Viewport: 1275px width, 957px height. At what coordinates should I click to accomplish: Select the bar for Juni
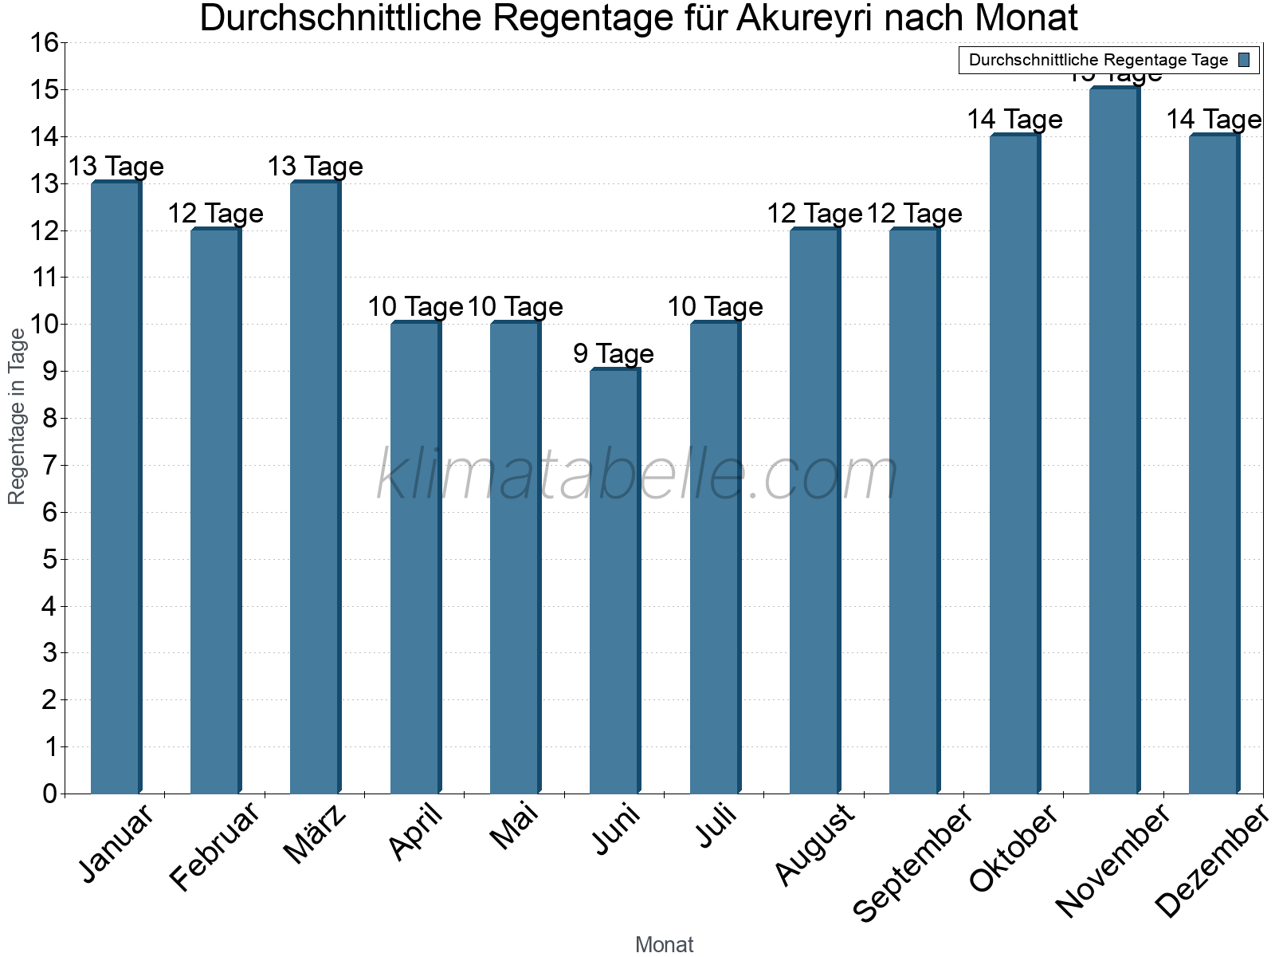click(x=614, y=582)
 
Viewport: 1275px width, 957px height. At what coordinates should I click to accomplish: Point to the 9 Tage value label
click(x=614, y=353)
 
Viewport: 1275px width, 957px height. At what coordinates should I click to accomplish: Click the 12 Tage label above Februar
click(x=215, y=213)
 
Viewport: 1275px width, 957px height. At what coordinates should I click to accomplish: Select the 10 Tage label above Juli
click(x=715, y=306)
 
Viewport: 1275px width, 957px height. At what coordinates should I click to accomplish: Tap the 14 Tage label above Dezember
click(x=1214, y=120)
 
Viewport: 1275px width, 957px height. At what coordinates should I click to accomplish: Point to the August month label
click(x=814, y=845)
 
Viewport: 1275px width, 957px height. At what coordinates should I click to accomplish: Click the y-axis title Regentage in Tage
click(x=17, y=416)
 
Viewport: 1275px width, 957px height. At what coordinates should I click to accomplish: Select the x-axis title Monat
click(x=664, y=944)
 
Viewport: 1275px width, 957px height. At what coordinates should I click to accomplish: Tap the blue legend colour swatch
click(x=1245, y=60)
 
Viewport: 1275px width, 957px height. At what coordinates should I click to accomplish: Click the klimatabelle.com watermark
click(x=637, y=475)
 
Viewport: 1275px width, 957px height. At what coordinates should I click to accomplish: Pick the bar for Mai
click(x=515, y=558)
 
